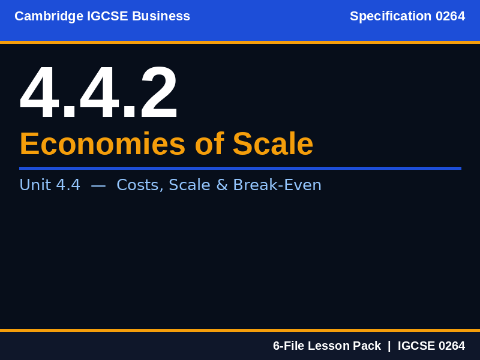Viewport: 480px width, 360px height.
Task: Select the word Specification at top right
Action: click(391, 16)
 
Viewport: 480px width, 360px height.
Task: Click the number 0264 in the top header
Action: click(450, 16)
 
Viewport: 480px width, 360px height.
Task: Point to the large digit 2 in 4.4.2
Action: click(158, 94)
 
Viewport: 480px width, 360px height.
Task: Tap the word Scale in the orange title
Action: click(273, 144)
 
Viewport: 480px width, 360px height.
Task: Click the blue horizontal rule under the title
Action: click(240, 168)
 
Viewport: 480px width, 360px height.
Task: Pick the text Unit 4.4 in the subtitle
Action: click(50, 185)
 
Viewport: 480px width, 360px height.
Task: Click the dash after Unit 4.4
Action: click(98, 185)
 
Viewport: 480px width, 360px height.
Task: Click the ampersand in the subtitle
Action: click(221, 185)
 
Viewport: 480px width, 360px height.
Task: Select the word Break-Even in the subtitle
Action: click(277, 185)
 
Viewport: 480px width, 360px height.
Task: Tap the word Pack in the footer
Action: click(367, 346)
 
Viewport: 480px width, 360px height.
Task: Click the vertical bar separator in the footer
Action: click(389, 346)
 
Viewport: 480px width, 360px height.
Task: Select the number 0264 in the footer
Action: click(451, 346)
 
